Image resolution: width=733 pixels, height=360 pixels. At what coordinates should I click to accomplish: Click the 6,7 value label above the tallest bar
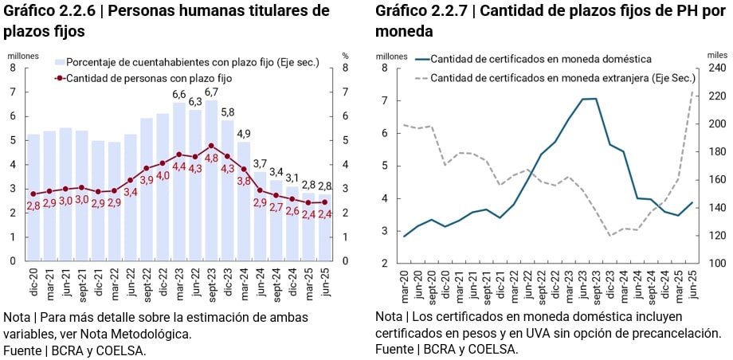(211, 92)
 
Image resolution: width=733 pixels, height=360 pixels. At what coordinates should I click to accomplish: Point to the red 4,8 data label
(211, 159)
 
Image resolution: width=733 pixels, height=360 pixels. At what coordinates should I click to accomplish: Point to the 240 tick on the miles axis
(714, 68)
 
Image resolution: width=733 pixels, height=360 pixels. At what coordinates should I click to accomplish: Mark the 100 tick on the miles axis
(714, 264)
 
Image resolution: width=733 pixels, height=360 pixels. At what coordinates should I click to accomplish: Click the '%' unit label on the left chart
(345, 56)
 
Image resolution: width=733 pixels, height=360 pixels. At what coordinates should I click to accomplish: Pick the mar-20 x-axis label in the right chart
(405, 281)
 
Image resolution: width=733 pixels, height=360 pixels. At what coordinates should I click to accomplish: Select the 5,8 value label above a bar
(227, 112)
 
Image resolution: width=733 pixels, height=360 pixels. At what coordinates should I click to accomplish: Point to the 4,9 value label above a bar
(244, 133)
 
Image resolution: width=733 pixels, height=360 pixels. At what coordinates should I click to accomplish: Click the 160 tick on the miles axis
(714, 180)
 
